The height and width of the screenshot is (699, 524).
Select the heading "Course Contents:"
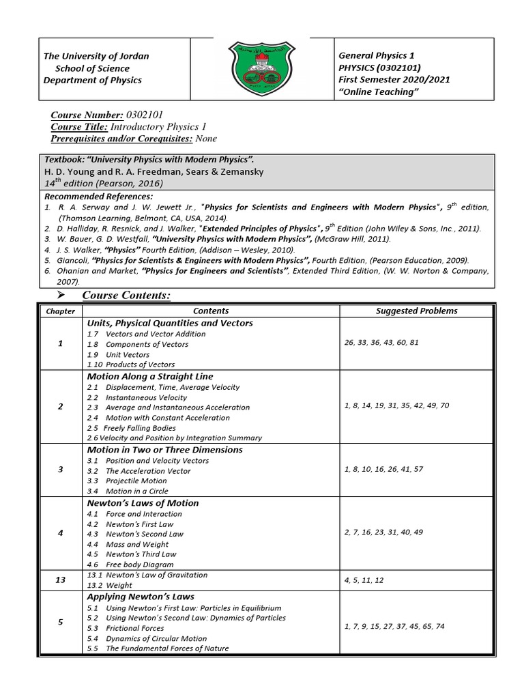tap(126, 295)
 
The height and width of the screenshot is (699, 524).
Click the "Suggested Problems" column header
tap(416, 311)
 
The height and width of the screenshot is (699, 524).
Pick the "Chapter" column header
tap(60, 311)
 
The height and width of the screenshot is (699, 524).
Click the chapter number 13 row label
tap(61, 580)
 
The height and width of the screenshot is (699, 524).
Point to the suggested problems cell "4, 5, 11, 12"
tap(364, 580)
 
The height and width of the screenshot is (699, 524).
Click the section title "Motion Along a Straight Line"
tap(150, 376)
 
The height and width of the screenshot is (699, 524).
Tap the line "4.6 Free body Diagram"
tap(130, 565)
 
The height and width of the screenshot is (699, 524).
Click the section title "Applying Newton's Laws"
tap(141, 596)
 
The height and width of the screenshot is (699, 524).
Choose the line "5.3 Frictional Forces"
tap(126, 628)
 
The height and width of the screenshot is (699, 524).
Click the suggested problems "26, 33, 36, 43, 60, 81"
tap(382, 344)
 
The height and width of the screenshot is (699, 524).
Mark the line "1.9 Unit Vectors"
tap(118, 355)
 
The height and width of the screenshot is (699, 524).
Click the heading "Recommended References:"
tap(98, 196)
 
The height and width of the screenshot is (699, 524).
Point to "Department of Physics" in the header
tap(93, 81)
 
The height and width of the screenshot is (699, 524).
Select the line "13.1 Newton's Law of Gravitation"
tap(147, 575)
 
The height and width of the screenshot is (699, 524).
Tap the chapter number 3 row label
tap(61, 470)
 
